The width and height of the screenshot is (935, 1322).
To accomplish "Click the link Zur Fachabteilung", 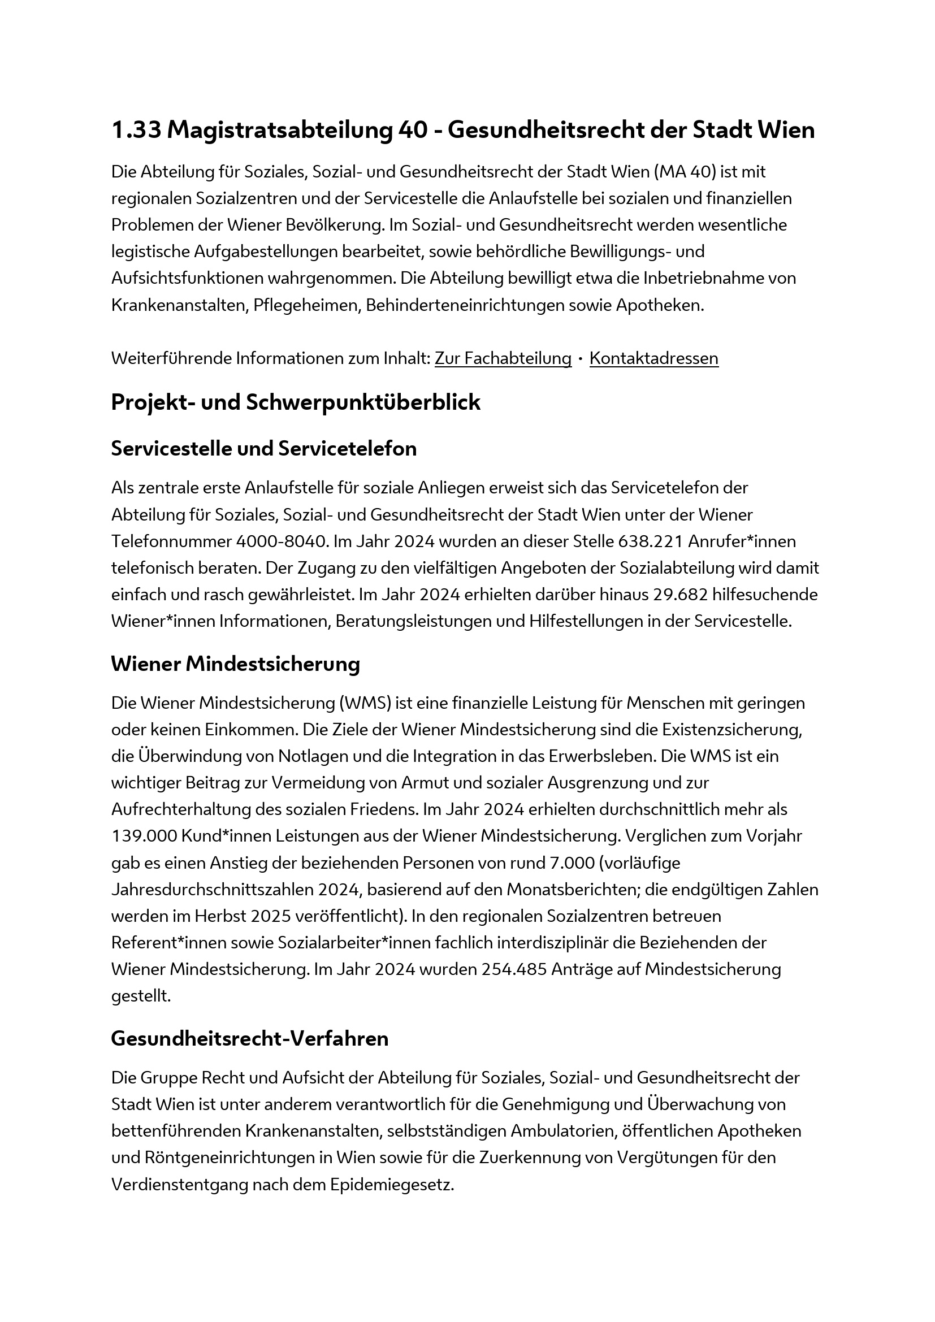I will click(503, 358).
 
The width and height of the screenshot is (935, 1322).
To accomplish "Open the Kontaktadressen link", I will click(653, 358).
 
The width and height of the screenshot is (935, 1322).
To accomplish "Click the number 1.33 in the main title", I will click(136, 131).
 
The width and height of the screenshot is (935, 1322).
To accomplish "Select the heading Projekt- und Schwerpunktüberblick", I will click(295, 402).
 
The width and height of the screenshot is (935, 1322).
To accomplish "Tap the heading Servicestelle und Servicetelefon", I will click(263, 449).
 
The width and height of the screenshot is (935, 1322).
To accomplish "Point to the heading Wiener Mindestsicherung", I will click(235, 664).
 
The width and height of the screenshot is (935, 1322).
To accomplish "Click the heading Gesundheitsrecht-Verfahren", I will click(249, 1038).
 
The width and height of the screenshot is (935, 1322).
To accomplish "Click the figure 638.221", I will click(650, 541).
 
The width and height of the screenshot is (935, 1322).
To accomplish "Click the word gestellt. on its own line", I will click(141, 996).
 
